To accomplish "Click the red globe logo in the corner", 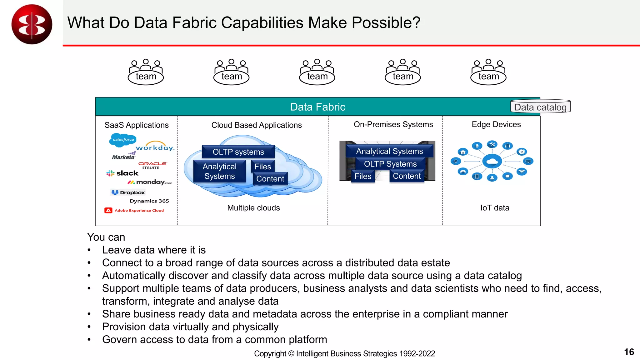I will click(x=32, y=24).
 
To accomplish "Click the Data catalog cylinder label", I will click(x=540, y=107).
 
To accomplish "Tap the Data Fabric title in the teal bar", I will click(x=317, y=107).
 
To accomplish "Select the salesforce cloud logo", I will click(x=123, y=140).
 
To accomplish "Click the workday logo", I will click(x=155, y=147).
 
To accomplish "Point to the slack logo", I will click(x=122, y=173).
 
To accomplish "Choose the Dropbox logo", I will click(x=128, y=192).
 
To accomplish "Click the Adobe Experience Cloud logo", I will click(x=134, y=210).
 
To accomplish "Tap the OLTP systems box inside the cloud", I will click(x=238, y=152).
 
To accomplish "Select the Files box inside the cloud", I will click(x=262, y=167).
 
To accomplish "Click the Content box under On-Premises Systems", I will click(x=407, y=176).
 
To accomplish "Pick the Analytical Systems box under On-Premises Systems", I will click(x=389, y=151).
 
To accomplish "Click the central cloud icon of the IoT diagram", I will click(x=492, y=161).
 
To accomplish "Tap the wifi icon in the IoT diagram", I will click(x=522, y=172).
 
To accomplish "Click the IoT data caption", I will click(x=495, y=208).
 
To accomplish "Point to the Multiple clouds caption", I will click(x=253, y=208).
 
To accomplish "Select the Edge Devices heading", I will click(x=496, y=124).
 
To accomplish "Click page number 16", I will click(x=629, y=352).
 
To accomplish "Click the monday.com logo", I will click(x=150, y=182).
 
